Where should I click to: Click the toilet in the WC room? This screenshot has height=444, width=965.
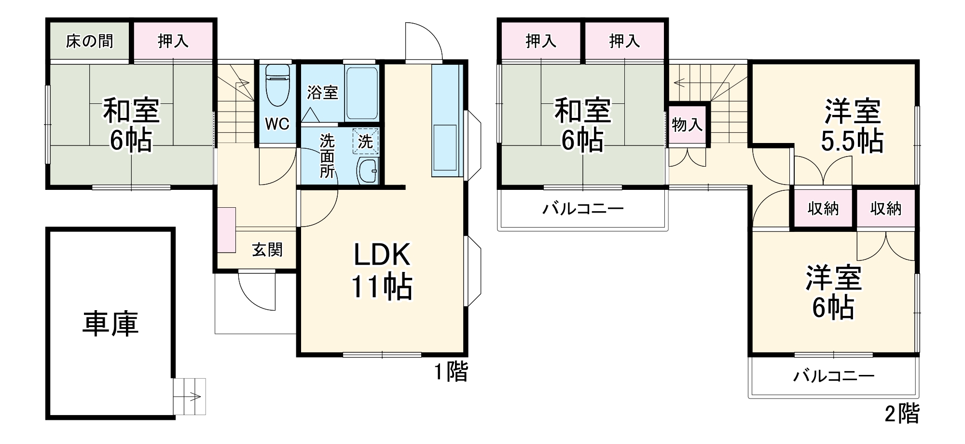click(277, 86)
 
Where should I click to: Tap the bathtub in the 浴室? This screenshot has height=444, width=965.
click(361, 93)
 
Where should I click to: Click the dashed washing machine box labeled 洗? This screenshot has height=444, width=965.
click(365, 142)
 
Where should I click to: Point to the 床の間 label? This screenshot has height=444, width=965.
click(89, 41)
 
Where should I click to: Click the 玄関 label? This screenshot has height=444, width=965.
click(267, 250)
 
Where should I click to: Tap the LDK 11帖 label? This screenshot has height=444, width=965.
click(381, 271)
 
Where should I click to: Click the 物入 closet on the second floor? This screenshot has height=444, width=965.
click(687, 125)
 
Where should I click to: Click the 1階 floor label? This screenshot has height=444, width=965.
click(451, 372)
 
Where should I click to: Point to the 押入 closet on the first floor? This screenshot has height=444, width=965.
click(173, 41)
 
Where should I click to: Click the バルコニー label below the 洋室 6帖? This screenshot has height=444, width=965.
click(834, 376)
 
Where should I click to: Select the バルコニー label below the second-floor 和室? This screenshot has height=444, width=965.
click(583, 209)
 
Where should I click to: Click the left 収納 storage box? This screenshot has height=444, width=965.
click(823, 208)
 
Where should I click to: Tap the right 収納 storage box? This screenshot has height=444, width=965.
click(886, 208)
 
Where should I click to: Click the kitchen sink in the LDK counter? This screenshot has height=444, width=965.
click(444, 147)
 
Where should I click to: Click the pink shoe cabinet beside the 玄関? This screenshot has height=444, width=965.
click(226, 230)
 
